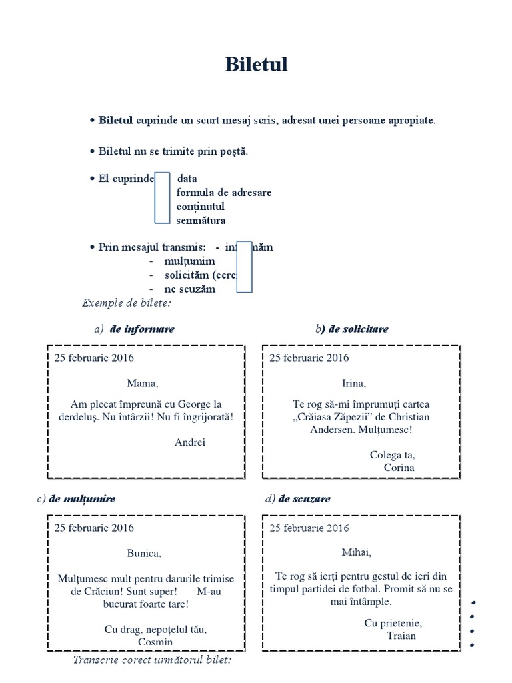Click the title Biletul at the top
tap(256, 65)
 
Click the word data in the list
tap(187, 179)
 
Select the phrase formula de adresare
tap(223, 193)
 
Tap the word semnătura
tap(201, 220)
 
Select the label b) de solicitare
tap(352, 329)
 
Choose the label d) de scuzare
tap(297, 499)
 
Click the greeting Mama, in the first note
tap(143, 383)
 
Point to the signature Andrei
tap(190, 442)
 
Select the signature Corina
tap(399, 467)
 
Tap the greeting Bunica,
tap(144, 553)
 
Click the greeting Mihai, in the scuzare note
tap(356, 552)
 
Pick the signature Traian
tap(401, 635)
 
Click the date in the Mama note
tap(94, 358)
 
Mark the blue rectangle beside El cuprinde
tap(162, 198)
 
